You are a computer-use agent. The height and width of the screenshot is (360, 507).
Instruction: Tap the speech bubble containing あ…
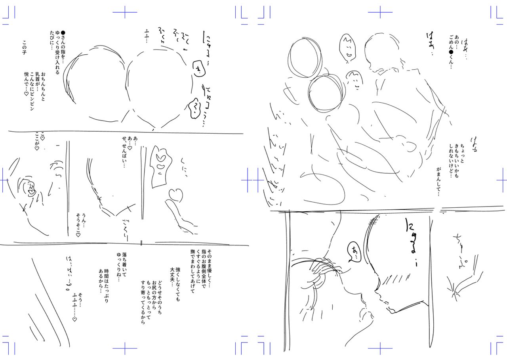pos(352,251)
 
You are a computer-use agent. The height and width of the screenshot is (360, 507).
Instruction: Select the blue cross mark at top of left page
pos(124,12)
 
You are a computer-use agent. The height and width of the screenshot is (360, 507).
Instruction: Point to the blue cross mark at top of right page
pos(380,12)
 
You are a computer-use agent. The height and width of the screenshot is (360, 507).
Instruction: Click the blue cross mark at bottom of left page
pos(124,349)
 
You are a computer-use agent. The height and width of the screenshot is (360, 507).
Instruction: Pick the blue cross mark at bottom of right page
pos(380,349)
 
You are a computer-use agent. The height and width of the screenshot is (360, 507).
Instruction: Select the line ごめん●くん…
pos(451,54)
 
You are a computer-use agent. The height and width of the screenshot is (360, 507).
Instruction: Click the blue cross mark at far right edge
pos(501,180)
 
